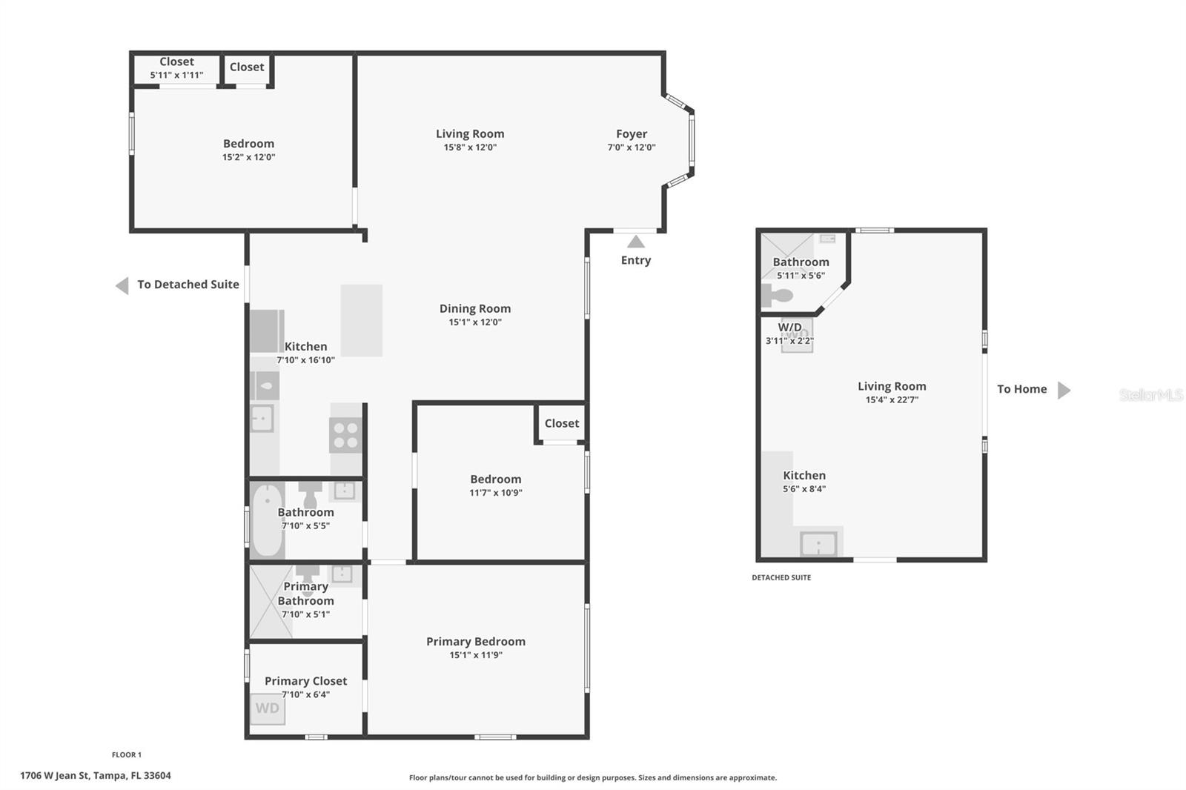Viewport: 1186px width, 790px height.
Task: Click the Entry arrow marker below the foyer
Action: (636, 242)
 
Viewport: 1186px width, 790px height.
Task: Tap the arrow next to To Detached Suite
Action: (122, 285)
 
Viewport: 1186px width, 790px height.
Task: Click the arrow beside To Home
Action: (1064, 390)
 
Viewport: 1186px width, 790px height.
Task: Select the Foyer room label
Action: (632, 134)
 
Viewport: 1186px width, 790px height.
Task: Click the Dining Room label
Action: (474, 309)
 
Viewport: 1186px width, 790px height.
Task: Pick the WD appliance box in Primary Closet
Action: (267, 708)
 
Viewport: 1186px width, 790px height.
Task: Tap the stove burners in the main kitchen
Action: (345, 434)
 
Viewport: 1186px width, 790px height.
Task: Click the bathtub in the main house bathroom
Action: (267, 520)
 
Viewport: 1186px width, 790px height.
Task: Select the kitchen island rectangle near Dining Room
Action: (362, 320)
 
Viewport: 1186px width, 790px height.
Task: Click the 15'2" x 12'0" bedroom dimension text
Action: (248, 157)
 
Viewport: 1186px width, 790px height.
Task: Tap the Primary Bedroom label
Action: (475, 642)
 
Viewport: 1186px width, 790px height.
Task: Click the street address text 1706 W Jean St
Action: (95, 776)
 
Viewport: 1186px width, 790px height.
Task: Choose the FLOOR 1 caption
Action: (126, 754)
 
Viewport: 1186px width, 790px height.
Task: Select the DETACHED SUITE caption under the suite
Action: (781, 577)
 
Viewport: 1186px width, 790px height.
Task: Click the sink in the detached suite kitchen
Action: (818, 544)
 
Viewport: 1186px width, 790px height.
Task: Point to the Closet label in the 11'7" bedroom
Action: (561, 423)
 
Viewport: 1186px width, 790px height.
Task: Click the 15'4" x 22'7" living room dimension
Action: (892, 400)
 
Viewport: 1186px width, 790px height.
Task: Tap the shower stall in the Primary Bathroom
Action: (270, 601)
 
